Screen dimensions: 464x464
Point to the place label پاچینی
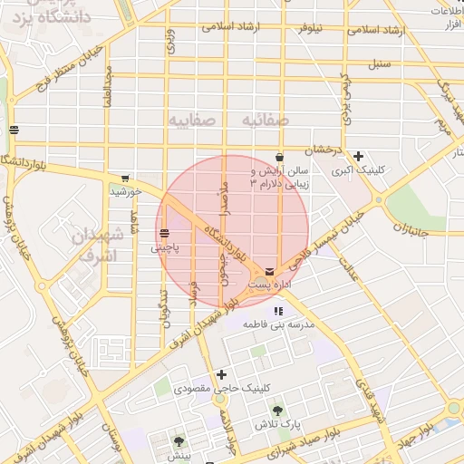click(x=164, y=246)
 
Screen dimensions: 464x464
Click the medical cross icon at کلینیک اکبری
click(x=360, y=156)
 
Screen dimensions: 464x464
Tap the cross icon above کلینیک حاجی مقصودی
click(x=221, y=374)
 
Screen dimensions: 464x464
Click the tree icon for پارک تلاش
click(x=276, y=411)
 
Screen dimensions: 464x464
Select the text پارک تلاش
click(x=276, y=424)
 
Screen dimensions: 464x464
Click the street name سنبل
click(x=379, y=64)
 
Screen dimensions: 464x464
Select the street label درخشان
click(x=323, y=148)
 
